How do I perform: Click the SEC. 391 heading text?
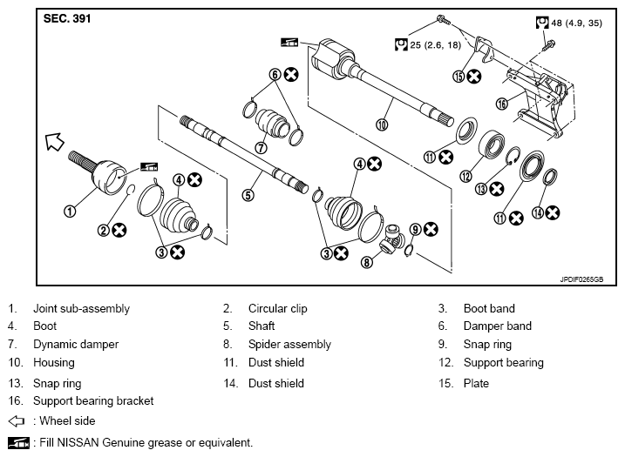pyautogui.click(x=67, y=18)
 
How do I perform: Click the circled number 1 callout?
pyautogui.click(x=70, y=211)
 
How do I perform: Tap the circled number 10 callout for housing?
pyautogui.click(x=382, y=125)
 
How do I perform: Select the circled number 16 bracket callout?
pyautogui.click(x=502, y=104)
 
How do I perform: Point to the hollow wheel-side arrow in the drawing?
pyautogui.click(x=55, y=142)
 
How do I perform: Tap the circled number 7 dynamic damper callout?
pyautogui.click(x=261, y=148)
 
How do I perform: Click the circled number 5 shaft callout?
pyautogui.click(x=248, y=196)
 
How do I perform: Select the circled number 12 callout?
pyautogui.click(x=465, y=176)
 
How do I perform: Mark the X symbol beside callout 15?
pyautogui.click(x=474, y=76)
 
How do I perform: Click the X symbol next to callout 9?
pyautogui.click(x=431, y=229)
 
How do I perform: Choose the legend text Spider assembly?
pyautogui.click(x=289, y=345)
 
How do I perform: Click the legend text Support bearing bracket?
pyautogui.click(x=93, y=401)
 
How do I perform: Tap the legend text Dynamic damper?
pyautogui.click(x=76, y=345)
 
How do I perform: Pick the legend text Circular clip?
pyautogui.click(x=278, y=308)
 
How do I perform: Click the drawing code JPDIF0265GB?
pyautogui.click(x=581, y=279)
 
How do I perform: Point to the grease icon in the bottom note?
pyautogui.click(x=18, y=443)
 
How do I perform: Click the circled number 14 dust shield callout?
pyautogui.click(x=538, y=213)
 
